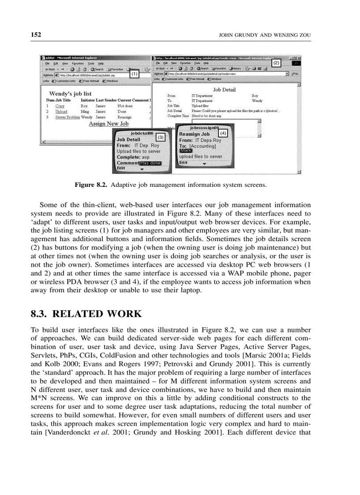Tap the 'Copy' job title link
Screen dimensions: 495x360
[x=60, y=106]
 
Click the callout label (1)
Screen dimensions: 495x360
[x=135, y=74]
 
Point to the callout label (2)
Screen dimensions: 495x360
[x=276, y=63]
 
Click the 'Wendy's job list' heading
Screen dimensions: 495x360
[x=70, y=93]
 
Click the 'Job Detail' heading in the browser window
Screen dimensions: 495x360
[x=224, y=89]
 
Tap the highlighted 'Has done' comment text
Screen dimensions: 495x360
[x=150, y=163]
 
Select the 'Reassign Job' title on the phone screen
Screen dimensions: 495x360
[x=195, y=134]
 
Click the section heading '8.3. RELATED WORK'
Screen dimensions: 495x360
[x=86, y=314]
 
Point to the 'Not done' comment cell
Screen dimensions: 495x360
[x=125, y=106]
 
